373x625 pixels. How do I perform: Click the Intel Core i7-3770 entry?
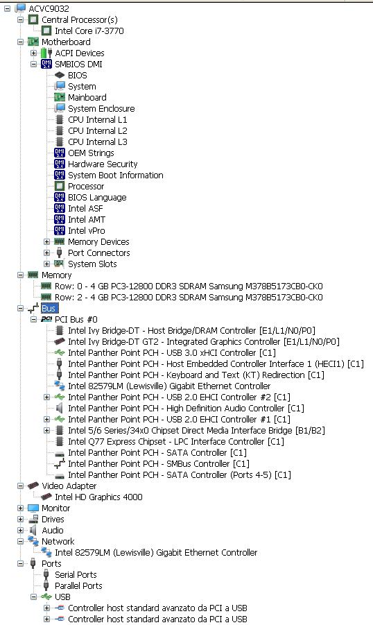pos(89,31)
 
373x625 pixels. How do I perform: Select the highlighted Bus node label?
pos(49,308)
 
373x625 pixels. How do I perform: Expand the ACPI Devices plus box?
pos(34,53)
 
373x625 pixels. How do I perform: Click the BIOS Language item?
pos(97,197)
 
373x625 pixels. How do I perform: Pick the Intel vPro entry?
pos(87,230)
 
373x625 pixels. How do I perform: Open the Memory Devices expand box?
pos(47,241)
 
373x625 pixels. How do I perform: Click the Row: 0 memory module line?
pos(189,286)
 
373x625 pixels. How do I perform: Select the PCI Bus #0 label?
pos(76,319)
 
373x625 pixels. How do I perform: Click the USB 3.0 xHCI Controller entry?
pos(172,353)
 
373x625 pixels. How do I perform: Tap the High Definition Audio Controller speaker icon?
pos(60,408)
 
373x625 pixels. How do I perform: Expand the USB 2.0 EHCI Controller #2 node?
pos(47,397)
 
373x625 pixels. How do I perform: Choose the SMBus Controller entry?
pos(159,463)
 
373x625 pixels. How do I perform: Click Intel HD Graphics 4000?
pos(98,497)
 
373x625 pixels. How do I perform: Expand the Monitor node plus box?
pos(21,508)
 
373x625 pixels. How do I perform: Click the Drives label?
pos(53,519)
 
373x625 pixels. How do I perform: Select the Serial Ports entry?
pos(76,575)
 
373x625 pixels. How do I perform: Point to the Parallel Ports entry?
pos(78,586)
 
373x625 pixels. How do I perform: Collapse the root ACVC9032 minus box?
pos(8,8)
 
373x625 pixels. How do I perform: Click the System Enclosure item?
pos(101,108)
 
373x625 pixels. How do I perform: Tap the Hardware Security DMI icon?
pos(60,164)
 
